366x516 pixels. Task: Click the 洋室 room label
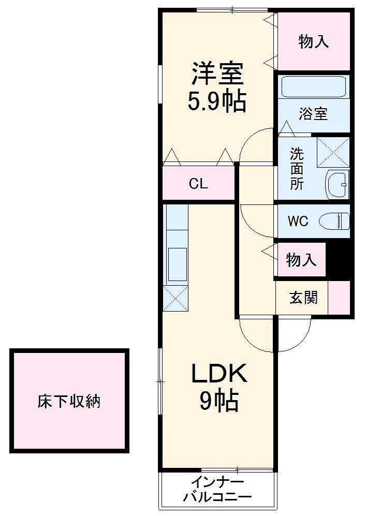[217, 74]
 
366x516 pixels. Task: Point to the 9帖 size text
[219, 401]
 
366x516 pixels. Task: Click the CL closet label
[198, 184]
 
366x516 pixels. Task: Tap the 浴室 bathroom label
[313, 114]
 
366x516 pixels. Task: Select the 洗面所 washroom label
[297, 168]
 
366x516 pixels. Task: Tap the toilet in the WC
[334, 222]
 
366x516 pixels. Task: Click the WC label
[298, 222]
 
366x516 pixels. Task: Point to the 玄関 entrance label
[303, 298]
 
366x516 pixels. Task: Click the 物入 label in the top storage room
[313, 42]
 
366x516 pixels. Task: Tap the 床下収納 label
[69, 402]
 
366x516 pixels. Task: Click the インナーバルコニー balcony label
[217, 490]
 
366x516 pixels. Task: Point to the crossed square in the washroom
[333, 152]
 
